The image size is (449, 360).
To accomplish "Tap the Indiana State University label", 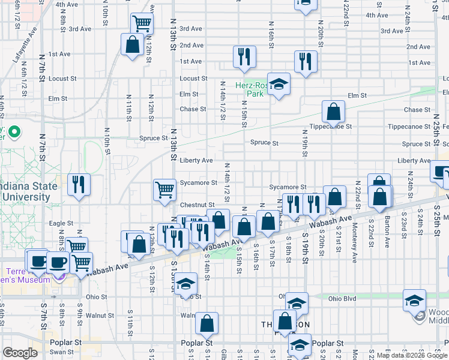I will pos(28,191).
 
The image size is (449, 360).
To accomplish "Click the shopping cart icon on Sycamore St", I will pos(164,190).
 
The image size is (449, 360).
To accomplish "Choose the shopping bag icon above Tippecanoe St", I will pos(333,111).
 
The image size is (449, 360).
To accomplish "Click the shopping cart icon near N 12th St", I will pos(142,23).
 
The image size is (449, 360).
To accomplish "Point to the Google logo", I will pos(20,353).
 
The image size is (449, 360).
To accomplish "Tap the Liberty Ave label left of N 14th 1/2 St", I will pos(196,161).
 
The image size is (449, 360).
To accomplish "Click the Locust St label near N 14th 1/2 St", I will pos(193,79).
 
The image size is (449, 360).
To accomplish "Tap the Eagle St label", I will pos(61,223).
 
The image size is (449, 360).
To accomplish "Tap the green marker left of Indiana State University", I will pos(15,131).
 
